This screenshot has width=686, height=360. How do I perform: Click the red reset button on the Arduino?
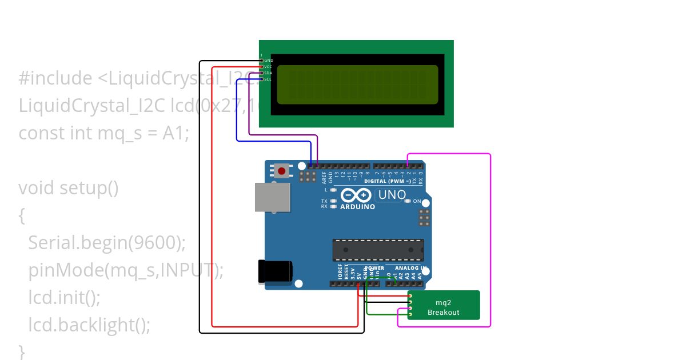coord(281,170)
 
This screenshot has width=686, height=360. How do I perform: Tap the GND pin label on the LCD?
coord(268,60)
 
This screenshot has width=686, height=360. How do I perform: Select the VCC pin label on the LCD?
coord(268,67)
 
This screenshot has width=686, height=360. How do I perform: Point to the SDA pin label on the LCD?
coord(268,73)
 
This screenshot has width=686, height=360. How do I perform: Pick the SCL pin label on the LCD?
coord(268,79)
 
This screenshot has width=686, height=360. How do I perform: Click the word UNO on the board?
coord(392,195)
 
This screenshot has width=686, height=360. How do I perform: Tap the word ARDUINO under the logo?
coord(358,207)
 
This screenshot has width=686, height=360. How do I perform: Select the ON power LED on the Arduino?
coord(408,201)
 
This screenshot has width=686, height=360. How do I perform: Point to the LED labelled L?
coord(333,189)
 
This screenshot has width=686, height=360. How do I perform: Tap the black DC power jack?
coord(276,272)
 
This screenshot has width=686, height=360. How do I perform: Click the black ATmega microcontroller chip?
coord(378,250)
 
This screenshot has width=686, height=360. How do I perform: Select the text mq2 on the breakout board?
coord(443,302)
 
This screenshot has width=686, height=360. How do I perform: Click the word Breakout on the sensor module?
coord(443,313)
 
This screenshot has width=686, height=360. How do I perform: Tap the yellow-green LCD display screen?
coord(358,85)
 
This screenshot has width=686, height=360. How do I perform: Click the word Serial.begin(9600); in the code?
coord(107,243)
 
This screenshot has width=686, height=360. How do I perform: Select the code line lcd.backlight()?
coord(89,325)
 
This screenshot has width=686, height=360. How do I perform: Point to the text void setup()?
coord(69,187)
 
